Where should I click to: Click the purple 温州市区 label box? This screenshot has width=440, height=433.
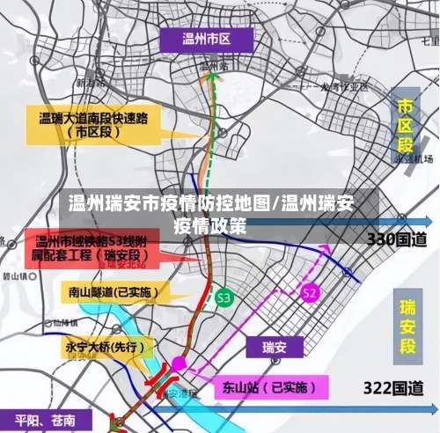[206, 39]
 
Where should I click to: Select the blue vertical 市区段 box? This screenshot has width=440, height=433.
[406, 125]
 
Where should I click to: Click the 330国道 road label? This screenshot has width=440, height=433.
[396, 239]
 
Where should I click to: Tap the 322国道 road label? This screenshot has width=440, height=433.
[394, 385]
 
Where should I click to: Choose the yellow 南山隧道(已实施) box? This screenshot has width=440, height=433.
[108, 292]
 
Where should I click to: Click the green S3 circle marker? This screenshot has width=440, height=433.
[224, 297]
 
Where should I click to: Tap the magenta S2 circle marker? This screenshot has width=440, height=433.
[309, 292]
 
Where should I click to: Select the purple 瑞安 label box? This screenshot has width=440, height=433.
[275, 348]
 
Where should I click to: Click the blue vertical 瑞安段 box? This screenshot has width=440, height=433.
[407, 325]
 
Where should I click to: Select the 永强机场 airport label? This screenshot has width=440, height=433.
[414, 159]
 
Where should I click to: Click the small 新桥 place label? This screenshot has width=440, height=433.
[87, 84]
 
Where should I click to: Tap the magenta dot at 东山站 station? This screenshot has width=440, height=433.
[179, 363]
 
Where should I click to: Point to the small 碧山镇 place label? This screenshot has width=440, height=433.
[12, 275]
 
